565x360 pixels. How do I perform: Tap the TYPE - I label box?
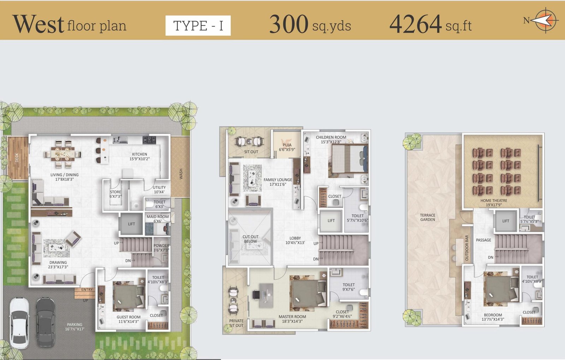(x=198, y=25)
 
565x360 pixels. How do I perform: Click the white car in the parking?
(x=19, y=323)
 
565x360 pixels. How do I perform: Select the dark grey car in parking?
(x=46, y=323)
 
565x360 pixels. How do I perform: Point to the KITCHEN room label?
(x=139, y=154)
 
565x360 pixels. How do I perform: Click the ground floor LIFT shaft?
(x=131, y=224)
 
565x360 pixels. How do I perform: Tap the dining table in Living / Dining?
(x=62, y=154)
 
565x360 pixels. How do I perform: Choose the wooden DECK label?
(x=17, y=158)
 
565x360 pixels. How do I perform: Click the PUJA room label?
(x=287, y=145)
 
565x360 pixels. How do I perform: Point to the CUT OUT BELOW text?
(x=250, y=239)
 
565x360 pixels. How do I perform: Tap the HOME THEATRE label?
(x=494, y=201)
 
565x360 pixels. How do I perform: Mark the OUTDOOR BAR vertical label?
(x=466, y=248)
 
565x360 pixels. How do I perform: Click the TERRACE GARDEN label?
(x=428, y=218)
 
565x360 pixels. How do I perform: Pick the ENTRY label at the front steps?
(x=87, y=289)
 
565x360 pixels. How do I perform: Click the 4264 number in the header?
(x=415, y=24)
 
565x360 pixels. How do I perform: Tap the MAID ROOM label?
(x=157, y=217)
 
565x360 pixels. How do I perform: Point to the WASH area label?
(x=181, y=174)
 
